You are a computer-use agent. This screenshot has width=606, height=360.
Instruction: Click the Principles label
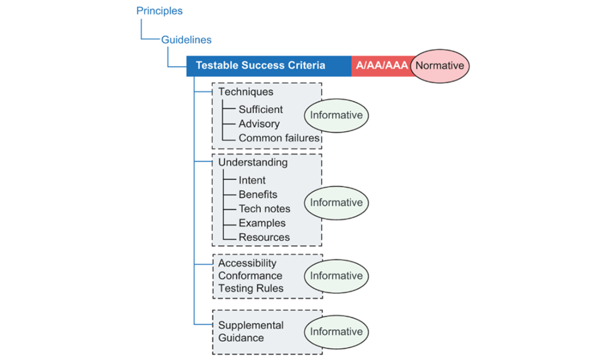pyautogui.click(x=159, y=11)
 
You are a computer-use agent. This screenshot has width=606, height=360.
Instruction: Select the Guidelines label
pyautogui.click(x=186, y=40)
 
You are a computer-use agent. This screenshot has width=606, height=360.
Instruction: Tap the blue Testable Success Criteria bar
pyautogui.click(x=269, y=66)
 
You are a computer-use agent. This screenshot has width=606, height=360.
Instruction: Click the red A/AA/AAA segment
pyautogui.click(x=382, y=66)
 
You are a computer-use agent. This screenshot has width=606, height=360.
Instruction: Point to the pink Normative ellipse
pyautogui.click(x=440, y=66)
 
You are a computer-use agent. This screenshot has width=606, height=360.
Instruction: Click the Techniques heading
pyautogui.click(x=246, y=92)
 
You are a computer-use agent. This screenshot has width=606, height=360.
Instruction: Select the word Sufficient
pyautogui.click(x=261, y=109)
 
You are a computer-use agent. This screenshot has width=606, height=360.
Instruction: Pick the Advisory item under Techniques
pyautogui.click(x=259, y=123)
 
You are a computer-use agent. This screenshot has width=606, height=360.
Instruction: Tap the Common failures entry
pyautogui.click(x=279, y=138)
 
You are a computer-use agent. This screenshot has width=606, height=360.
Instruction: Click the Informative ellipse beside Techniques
pyautogui.click(x=336, y=115)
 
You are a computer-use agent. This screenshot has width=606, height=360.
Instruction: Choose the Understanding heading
pyautogui.click(x=253, y=163)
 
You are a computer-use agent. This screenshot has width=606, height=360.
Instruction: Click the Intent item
pyautogui.click(x=252, y=180)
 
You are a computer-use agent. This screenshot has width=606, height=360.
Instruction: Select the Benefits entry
pyautogui.click(x=258, y=195)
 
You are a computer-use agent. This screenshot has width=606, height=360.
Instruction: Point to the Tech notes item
pyautogui.click(x=265, y=209)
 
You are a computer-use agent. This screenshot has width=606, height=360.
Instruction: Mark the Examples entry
pyautogui.click(x=262, y=223)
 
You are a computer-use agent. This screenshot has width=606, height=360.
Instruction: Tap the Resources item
pyautogui.click(x=264, y=237)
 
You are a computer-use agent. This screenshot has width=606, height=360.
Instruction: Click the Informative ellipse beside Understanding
pyautogui.click(x=336, y=203)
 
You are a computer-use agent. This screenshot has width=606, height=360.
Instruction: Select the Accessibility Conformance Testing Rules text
pyautogui.click(x=251, y=276)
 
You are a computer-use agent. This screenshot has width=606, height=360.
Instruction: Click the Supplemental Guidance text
pyautogui.click(x=251, y=331)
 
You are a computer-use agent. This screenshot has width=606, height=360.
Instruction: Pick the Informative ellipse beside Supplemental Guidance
pyautogui.click(x=336, y=332)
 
